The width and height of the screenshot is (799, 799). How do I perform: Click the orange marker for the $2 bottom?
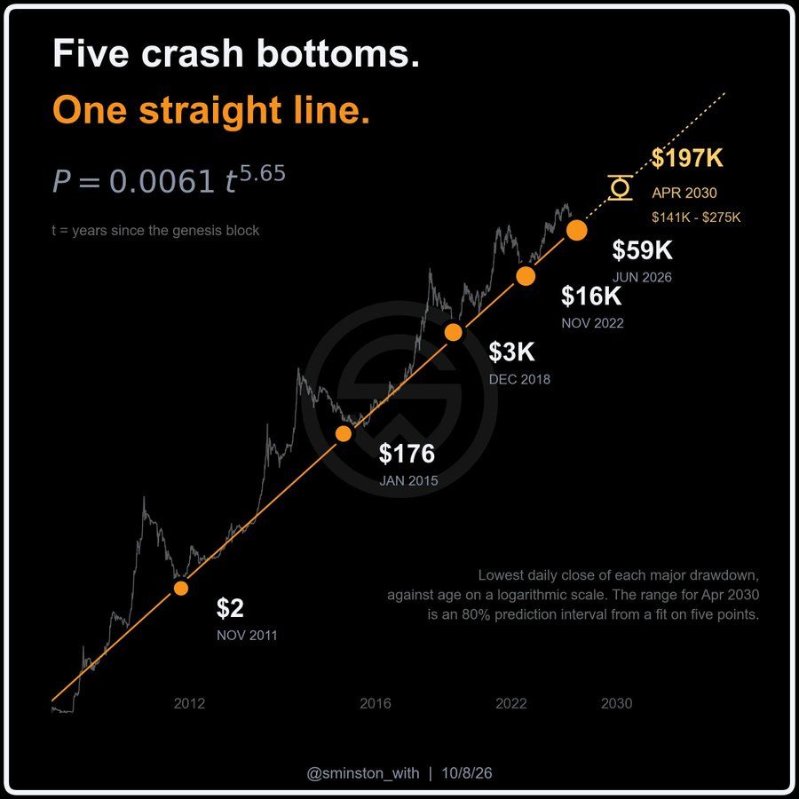[181, 588]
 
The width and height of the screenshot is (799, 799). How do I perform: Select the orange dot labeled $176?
[344, 433]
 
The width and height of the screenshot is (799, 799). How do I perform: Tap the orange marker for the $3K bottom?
[453, 332]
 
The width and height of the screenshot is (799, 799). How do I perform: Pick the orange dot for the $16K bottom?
[526, 276]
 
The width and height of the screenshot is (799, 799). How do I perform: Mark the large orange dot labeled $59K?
[577, 230]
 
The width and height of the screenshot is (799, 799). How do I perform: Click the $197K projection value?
[687, 158]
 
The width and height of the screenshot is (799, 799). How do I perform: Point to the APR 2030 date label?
[684, 193]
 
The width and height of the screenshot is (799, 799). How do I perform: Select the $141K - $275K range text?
[696, 218]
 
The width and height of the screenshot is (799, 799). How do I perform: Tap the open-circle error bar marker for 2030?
[621, 187]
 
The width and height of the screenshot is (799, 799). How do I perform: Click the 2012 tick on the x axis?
[190, 703]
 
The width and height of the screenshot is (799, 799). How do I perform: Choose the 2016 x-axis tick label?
[376, 703]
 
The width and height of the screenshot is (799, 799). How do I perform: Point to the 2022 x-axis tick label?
[511, 703]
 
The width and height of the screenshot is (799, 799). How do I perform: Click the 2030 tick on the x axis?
[617, 703]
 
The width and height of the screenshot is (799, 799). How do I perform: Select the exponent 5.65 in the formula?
[263, 174]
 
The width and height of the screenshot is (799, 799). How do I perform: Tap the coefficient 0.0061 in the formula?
[162, 181]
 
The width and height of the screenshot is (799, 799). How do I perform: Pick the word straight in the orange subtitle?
[210, 111]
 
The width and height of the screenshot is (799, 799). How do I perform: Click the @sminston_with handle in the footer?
[363, 773]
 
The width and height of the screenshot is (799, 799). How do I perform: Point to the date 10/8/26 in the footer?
[467, 773]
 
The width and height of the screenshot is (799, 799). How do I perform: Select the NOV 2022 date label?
[593, 323]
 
